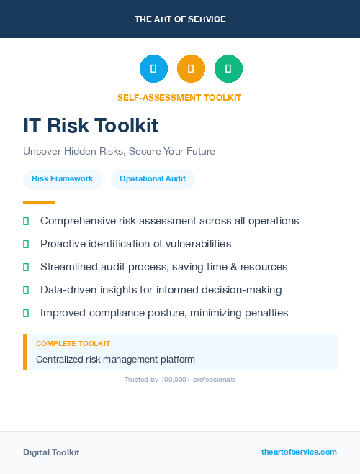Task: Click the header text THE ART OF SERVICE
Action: click(x=180, y=19)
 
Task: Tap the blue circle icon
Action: click(x=153, y=69)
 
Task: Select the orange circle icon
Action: click(x=191, y=69)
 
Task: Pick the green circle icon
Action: click(x=228, y=69)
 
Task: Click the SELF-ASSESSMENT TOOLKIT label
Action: click(x=179, y=98)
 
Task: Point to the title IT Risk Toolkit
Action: click(x=91, y=126)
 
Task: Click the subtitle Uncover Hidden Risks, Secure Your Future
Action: click(x=119, y=152)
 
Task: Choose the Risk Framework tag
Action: click(x=63, y=179)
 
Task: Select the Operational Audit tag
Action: click(x=153, y=179)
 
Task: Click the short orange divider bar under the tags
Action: click(x=39, y=202)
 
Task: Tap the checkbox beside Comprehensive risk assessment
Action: click(x=26, y=222)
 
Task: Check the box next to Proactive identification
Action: click(x=26, y=245)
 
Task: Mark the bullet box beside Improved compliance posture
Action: click(x=26, y=313)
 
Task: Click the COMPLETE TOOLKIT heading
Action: click(x=73, y=344)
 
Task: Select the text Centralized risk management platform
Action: click(x=115, y=359)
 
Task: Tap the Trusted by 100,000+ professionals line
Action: click(x=180, y=379)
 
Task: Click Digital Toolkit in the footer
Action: click(x=51, y=452)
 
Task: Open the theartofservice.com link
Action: click(x=299, y=452)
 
